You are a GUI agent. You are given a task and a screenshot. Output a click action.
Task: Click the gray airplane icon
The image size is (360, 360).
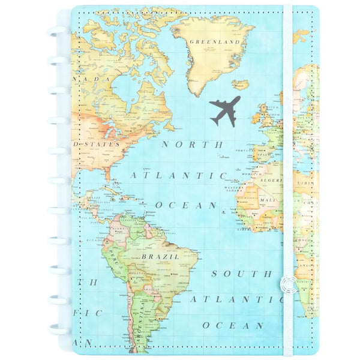225,110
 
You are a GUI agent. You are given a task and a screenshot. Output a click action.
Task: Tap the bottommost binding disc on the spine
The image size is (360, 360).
57,329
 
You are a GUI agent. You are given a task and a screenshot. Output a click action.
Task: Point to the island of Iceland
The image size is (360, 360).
240,85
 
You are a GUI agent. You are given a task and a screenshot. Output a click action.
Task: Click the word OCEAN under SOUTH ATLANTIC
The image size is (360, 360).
233,325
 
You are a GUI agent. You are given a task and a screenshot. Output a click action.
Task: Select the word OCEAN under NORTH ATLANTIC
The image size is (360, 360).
186,205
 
